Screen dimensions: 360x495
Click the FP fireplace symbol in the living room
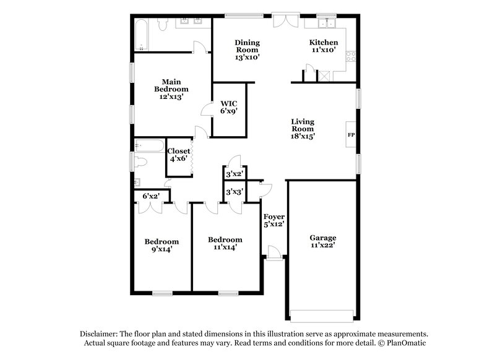(x=351, y=135)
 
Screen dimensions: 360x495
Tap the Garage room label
(x=323, y=241)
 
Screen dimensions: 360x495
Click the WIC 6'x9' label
(x=230, y=107)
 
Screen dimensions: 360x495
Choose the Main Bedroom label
(x=171, y=89)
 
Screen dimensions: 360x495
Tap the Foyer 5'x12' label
(x=273, y=220)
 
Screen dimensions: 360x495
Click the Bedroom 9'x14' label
(x=161, y=245)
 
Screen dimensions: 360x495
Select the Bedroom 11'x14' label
(x=225, y=243)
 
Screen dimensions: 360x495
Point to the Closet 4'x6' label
(x=179, y=155)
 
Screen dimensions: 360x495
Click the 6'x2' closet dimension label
(x=152, y=196)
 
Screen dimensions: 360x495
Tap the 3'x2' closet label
(x=234, y=174)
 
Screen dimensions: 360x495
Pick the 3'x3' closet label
(x=234, y=192)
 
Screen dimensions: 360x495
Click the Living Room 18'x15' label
(x=303, y=129)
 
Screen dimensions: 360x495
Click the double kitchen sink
(x=325, y=24)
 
